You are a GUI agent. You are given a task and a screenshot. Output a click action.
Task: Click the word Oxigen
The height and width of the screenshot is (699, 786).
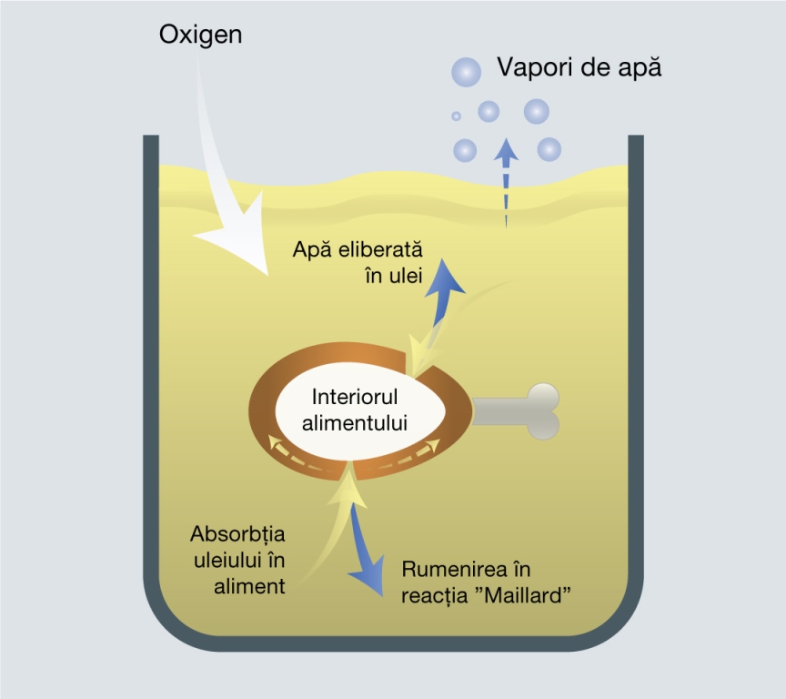point(200,35)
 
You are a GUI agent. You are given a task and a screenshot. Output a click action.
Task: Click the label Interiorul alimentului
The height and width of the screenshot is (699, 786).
point(359,410)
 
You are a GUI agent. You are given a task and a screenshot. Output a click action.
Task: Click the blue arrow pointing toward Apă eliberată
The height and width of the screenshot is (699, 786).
point(445,291)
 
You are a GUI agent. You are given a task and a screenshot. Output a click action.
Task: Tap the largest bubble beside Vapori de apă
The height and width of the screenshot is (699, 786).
point(468,70)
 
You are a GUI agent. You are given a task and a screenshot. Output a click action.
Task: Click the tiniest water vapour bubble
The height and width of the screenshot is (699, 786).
point(456,116)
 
